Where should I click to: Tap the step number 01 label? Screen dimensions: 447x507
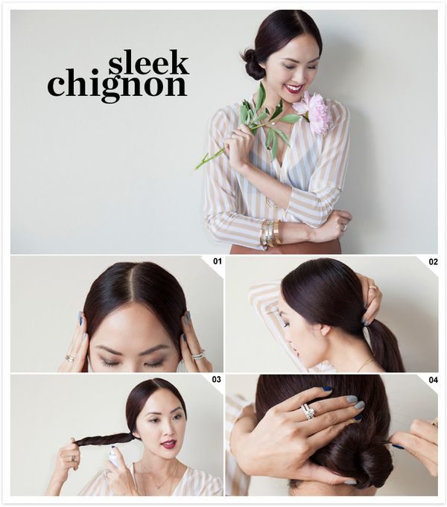218,261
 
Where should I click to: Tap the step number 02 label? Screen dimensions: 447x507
433,261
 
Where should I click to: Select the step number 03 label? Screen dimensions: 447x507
217,379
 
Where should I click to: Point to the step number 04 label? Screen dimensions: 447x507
433,380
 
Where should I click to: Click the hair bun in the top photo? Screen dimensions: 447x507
253,66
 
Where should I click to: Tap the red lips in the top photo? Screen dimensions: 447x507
294,88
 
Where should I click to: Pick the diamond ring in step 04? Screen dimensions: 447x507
308,412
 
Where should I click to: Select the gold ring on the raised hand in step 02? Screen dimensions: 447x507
373,287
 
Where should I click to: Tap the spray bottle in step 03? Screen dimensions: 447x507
113,456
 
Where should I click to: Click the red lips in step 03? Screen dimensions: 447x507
169,444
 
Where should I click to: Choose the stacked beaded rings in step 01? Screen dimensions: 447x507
198,354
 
